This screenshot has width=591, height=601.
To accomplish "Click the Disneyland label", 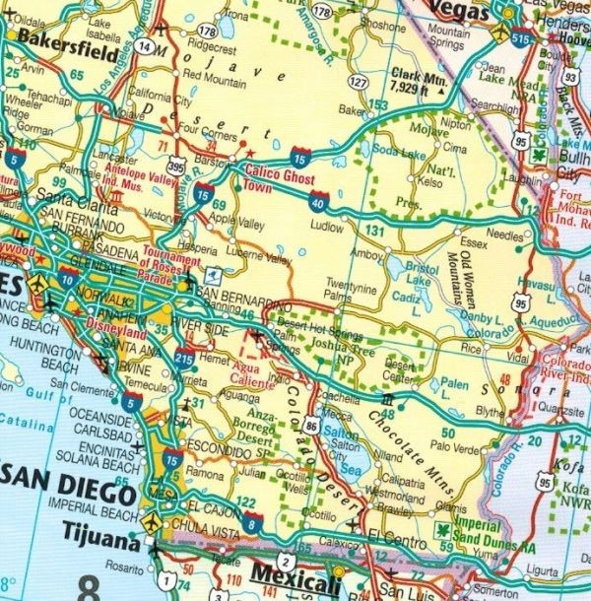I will pyautogui.click(x=83, y=331).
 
